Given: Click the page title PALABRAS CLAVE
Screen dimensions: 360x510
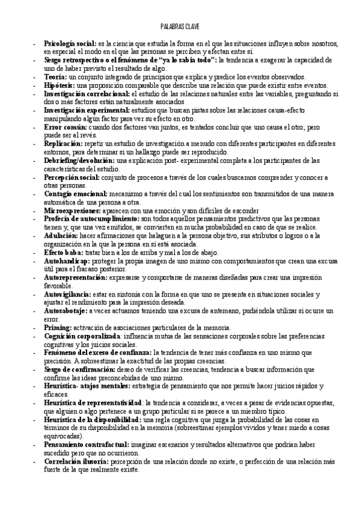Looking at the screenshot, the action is (x=180, y=27).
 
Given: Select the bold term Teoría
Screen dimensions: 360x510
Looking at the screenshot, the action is (x=55, y=78).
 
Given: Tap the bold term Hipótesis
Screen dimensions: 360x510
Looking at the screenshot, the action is (x=59, y=86).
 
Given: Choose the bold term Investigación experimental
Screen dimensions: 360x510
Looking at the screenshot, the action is (x=86, y=111).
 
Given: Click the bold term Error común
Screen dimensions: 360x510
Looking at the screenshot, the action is (x=65, y=128).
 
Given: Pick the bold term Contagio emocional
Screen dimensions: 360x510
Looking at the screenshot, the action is (x=76, y=194).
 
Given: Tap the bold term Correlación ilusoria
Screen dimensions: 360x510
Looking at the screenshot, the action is (x=76, y=461).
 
